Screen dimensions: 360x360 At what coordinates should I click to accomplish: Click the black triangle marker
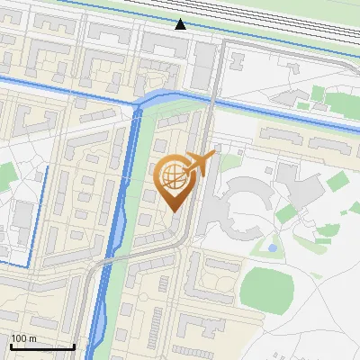click(x=181, y=24)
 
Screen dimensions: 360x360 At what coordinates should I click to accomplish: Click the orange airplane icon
click(x=200, y=163)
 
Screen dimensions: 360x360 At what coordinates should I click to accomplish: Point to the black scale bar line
click(x=41, y=347)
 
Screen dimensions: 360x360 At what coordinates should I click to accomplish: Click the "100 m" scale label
click(x=24, y=338)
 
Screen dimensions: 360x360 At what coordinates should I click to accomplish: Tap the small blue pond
click(x=272, y=247)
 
